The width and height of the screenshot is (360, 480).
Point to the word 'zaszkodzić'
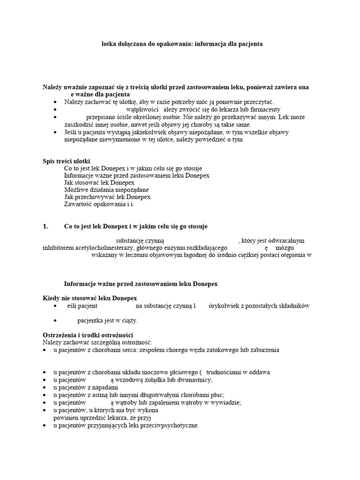point(67,125)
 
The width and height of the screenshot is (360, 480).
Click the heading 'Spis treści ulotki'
point(66,161)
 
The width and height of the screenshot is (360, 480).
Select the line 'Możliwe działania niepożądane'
point(106,189)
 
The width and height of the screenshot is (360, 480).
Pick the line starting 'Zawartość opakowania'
point(98,204)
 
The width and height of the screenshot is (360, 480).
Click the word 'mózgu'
point(285,247)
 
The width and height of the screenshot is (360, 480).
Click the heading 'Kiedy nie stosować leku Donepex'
point(90,298)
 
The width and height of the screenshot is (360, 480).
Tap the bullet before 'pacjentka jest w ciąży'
point(56,321)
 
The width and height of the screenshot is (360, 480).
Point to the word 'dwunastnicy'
point(195,380)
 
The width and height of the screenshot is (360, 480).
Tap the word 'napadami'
point(105,387)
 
